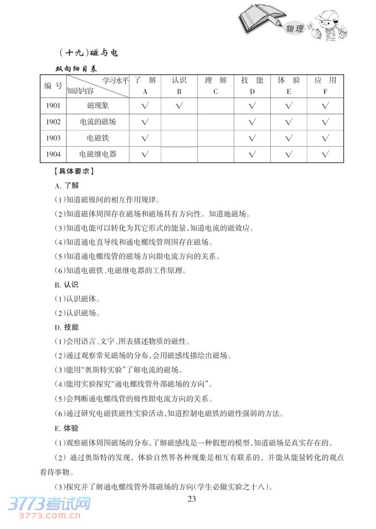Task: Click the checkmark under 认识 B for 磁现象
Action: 179,105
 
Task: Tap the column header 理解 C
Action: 215,86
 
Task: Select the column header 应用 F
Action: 325,86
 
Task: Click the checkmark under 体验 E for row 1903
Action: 288,138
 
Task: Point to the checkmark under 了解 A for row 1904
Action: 144,155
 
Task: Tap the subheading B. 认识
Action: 67,284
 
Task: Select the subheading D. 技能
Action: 67,327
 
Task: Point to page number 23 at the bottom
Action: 192,498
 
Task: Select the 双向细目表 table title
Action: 76,69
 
